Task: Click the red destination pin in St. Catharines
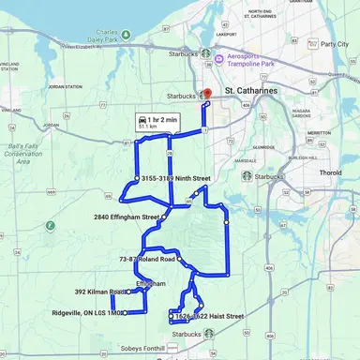point(206,96)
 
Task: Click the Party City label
point(334,44)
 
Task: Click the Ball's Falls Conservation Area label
point(18,154)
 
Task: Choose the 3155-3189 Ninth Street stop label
point(178,177)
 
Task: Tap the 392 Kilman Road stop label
point(99,292)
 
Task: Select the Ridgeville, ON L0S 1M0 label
point(86,313)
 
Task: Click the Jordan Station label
point(65,87)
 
